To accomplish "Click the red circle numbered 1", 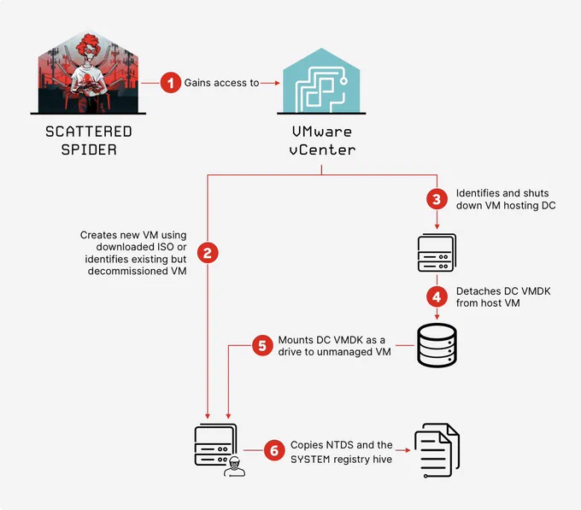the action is (x=170, y=83).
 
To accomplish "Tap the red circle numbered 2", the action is (x=208, y=253).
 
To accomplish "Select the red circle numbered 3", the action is (x=437, y=199).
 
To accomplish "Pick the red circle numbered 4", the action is (x=437, y=296).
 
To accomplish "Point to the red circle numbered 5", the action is (x=262, y=346).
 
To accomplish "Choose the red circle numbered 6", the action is (x=274, y=450).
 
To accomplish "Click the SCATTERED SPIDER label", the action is (x=89, y=141).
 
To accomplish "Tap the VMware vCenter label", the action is (x=321, y=141).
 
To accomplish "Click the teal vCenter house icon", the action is (x=321, y=81).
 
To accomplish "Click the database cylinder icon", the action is (x=437, y=345).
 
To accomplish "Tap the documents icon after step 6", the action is (x=437, y=450).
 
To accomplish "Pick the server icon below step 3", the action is (x=437, y=253).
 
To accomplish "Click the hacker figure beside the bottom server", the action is (x=235, y=466).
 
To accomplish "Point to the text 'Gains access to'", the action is (x=221, y=83).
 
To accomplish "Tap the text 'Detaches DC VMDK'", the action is (x=503, y=291).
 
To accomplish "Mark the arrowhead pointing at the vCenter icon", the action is (x=277, y=83).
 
